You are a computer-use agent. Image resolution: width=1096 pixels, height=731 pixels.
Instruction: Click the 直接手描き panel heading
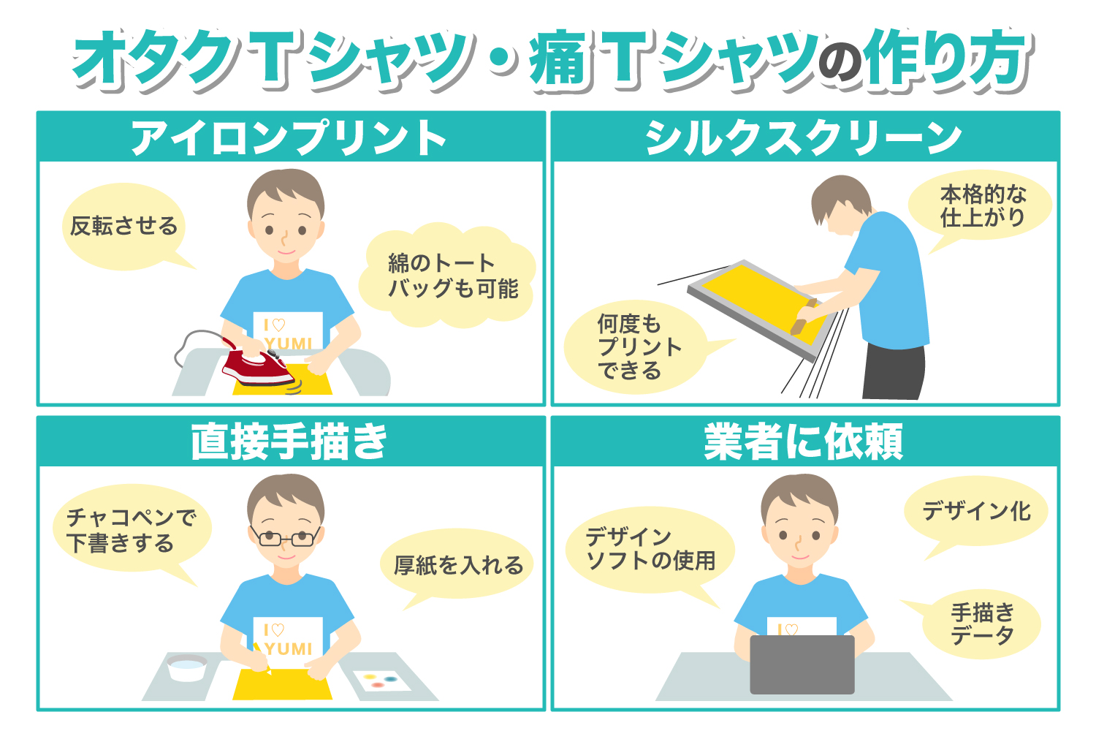tap(289, 442)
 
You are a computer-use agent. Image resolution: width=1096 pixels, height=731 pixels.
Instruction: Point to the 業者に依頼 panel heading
tap(803, 442)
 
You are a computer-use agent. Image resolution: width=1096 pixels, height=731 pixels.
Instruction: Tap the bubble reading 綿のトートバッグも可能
tap(448, 275)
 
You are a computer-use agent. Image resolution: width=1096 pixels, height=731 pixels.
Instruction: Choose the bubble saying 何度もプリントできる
tap(636, 346)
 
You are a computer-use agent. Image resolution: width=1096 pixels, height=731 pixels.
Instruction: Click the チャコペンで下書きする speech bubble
tap(131, 529)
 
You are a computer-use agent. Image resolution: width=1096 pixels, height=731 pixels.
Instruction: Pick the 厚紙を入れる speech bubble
tap(457, 564)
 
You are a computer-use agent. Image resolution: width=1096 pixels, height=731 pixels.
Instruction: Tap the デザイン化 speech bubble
tap(975, 512)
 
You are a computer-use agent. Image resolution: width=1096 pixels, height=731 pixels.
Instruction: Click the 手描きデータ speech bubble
tap(981, 624)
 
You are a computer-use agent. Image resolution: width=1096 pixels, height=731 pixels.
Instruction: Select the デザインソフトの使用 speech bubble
tap(650, 550)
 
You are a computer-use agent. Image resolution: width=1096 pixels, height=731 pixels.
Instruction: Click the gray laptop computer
tap(802, 664)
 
